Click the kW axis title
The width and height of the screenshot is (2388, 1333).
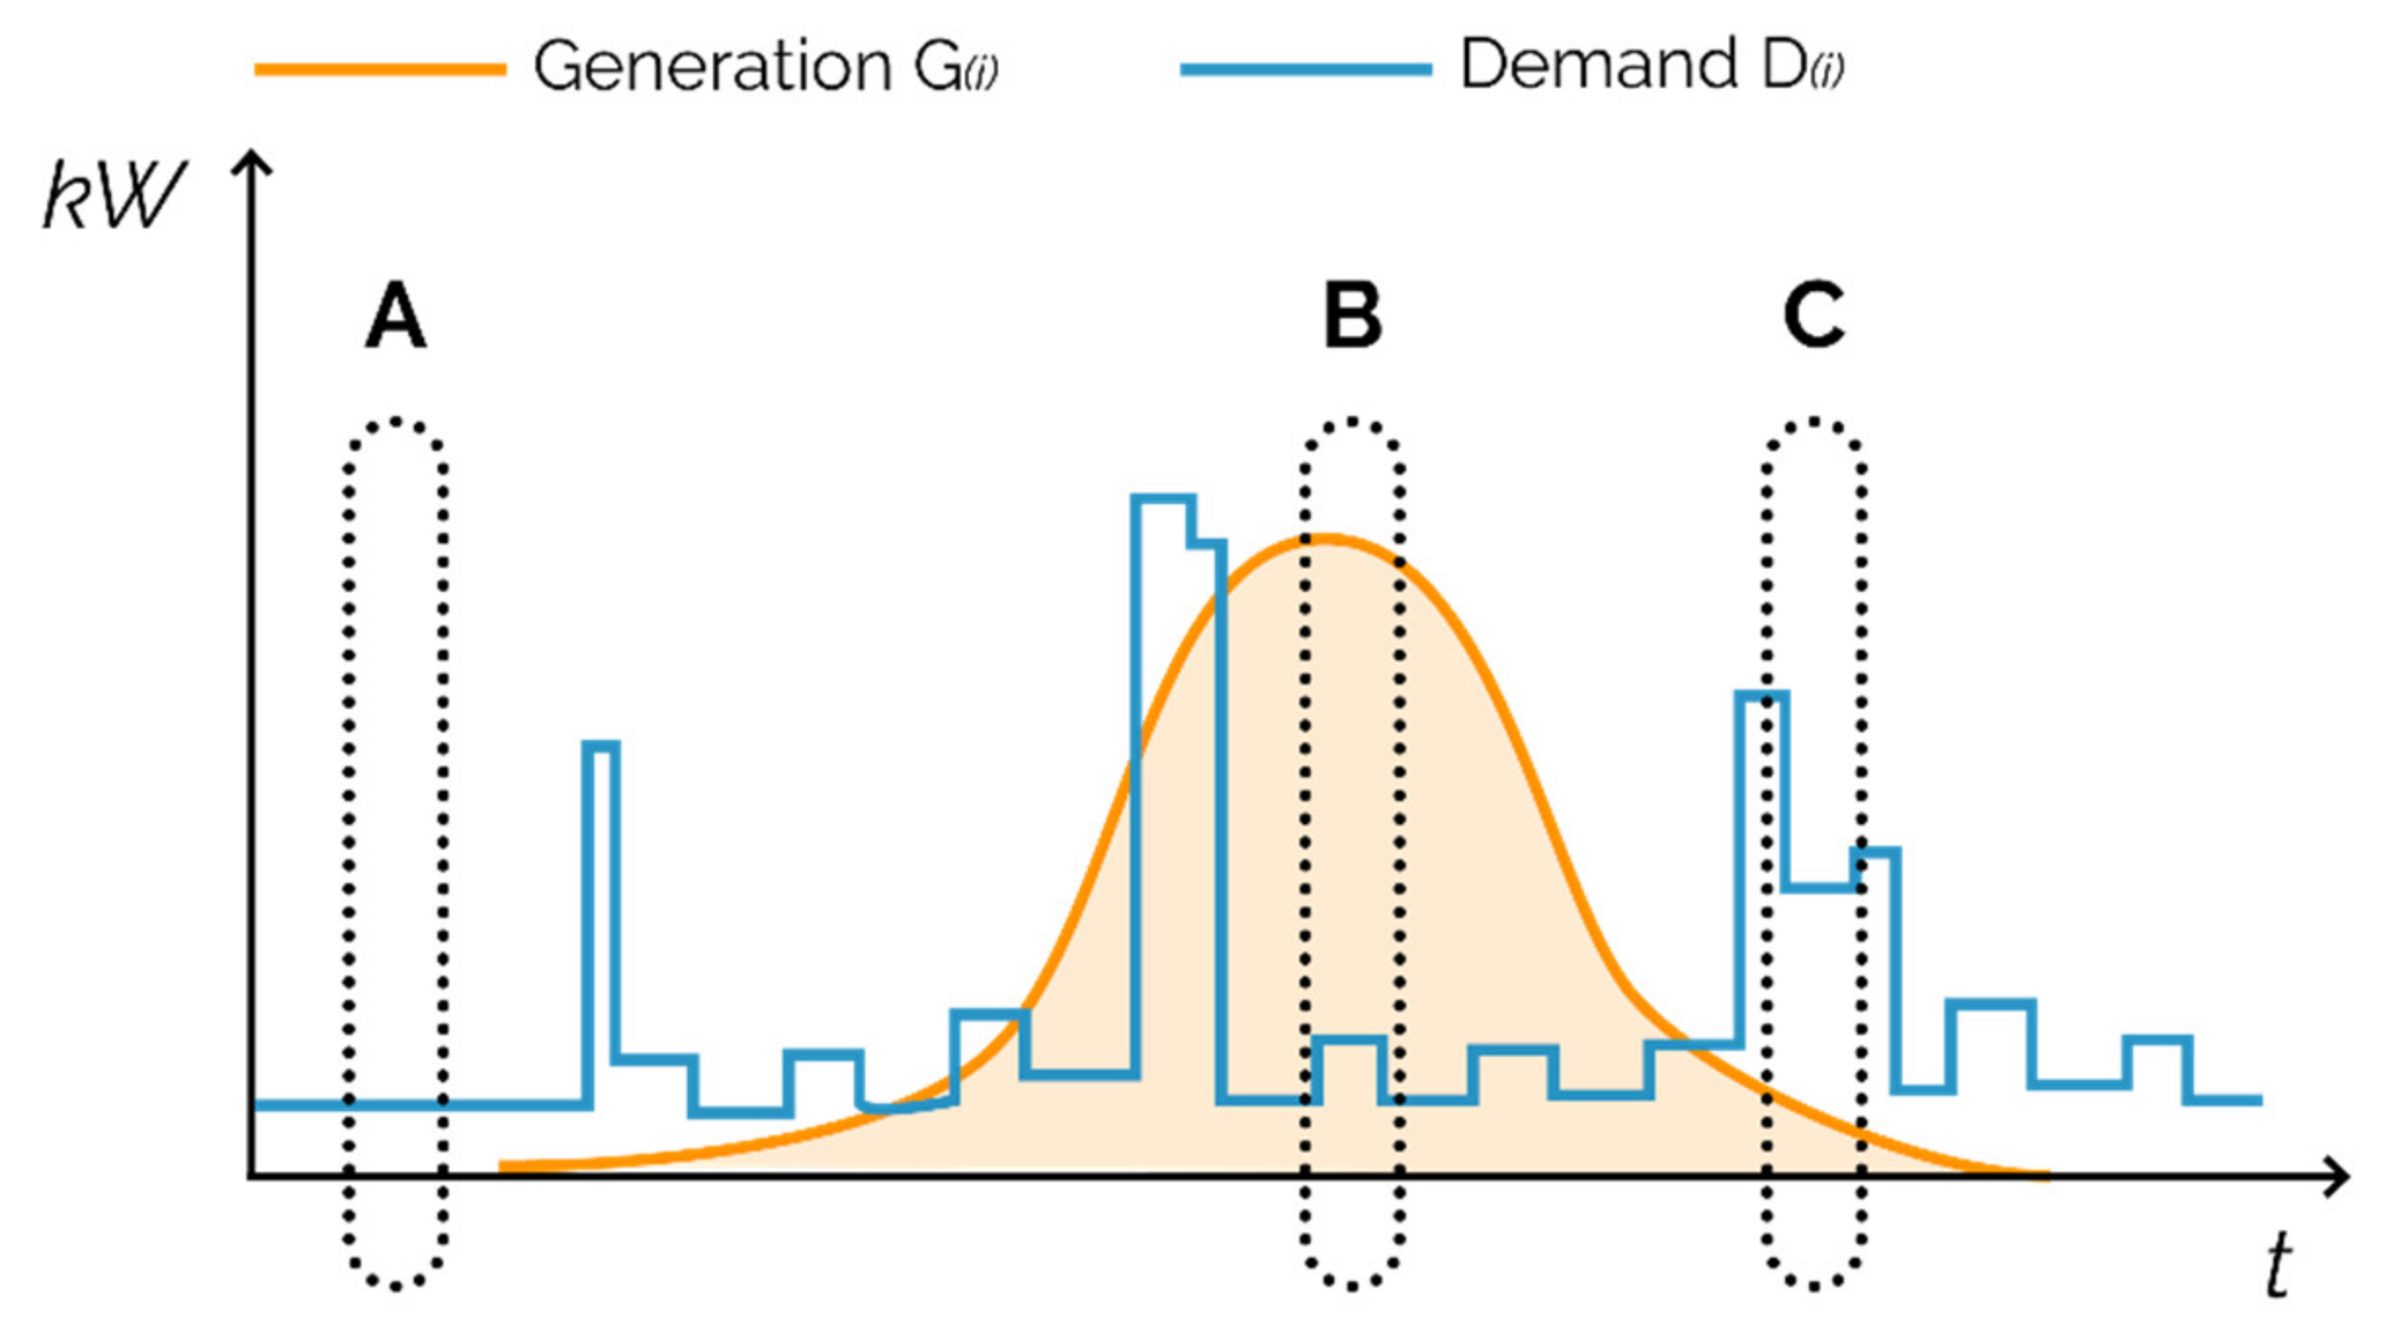[x=112, y=195]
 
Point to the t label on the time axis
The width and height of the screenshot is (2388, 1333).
[x=2279, y=1265]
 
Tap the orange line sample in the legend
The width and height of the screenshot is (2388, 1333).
[x=380, y=69]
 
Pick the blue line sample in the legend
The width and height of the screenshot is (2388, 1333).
[x=1305, y=69]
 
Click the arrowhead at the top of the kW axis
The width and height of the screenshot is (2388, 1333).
[x=252, y=161]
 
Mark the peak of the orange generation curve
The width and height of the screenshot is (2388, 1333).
[x=1326, y=537]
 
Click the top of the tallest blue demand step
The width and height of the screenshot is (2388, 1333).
[x=1163, y=500]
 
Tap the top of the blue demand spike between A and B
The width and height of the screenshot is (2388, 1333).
[x=602, y=747]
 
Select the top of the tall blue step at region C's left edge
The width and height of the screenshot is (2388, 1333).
[x=1762, y=695]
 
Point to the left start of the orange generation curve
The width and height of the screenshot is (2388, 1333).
[x=502, y=1166]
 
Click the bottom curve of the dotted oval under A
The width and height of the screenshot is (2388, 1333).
[x=396, y=1286]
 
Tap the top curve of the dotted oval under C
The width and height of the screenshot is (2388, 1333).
[x=1813, y=422]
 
